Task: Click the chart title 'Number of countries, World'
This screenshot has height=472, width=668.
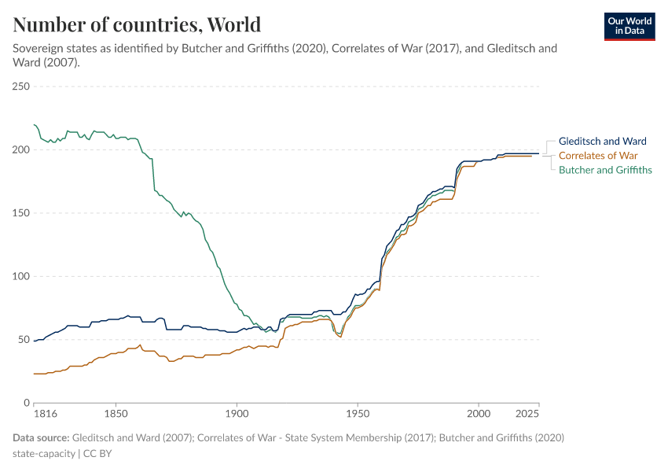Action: [137, 24]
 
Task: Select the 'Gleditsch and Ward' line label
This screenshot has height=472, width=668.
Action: [602, 141]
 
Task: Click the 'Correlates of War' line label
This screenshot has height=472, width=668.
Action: [597, 155]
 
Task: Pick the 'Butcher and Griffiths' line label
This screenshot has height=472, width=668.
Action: [605, 169]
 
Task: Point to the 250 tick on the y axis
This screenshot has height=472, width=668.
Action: [21, 87]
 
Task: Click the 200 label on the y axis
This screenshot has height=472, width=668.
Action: [21, 149]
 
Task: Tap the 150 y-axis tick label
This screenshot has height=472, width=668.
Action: [21, 213]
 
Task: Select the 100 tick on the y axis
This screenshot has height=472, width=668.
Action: [21, 276]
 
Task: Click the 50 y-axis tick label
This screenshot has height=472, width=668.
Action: [24, 340]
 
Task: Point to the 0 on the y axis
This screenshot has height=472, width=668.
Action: [27, 403]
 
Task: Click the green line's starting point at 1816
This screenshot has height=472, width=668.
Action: [35, 124]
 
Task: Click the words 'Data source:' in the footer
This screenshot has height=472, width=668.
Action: [41, 437]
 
